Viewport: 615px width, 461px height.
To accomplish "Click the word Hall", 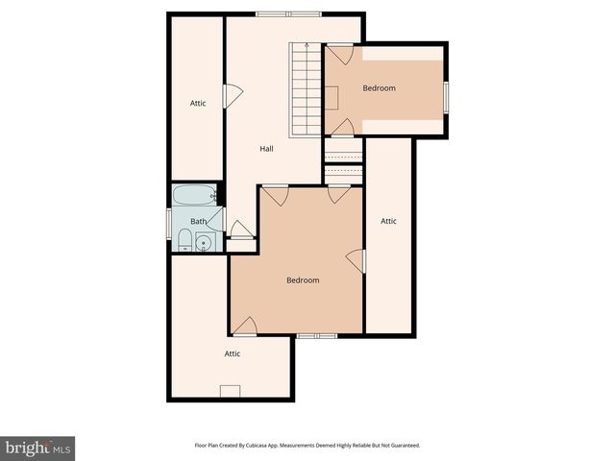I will tap(266, 149).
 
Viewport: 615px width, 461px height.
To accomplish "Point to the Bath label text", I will tap(198, 222).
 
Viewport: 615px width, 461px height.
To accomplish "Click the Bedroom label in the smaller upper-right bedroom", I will tap(379, 88).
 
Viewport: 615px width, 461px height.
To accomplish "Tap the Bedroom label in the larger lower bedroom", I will tap(303, 280).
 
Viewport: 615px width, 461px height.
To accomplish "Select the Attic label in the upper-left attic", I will tap(198, 103).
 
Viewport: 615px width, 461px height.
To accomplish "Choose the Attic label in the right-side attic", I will tap(388, 221).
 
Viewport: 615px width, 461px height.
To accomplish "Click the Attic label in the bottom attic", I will tap(232, 353).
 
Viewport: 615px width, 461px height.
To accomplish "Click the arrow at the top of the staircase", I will tap(306, 45).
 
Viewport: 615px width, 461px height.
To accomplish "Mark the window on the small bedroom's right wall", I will tap(446, 95).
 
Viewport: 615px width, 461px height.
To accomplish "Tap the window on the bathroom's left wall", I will tap(171, 231).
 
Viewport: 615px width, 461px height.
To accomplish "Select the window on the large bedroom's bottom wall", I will tap(316, 335).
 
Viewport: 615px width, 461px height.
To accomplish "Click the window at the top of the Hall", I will tap(288, 13).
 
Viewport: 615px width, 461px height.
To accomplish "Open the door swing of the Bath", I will tap(239, 230).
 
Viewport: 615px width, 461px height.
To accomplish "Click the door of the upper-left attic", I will tap(233, 95).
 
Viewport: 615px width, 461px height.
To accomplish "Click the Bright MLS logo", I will tap(38, 448).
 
